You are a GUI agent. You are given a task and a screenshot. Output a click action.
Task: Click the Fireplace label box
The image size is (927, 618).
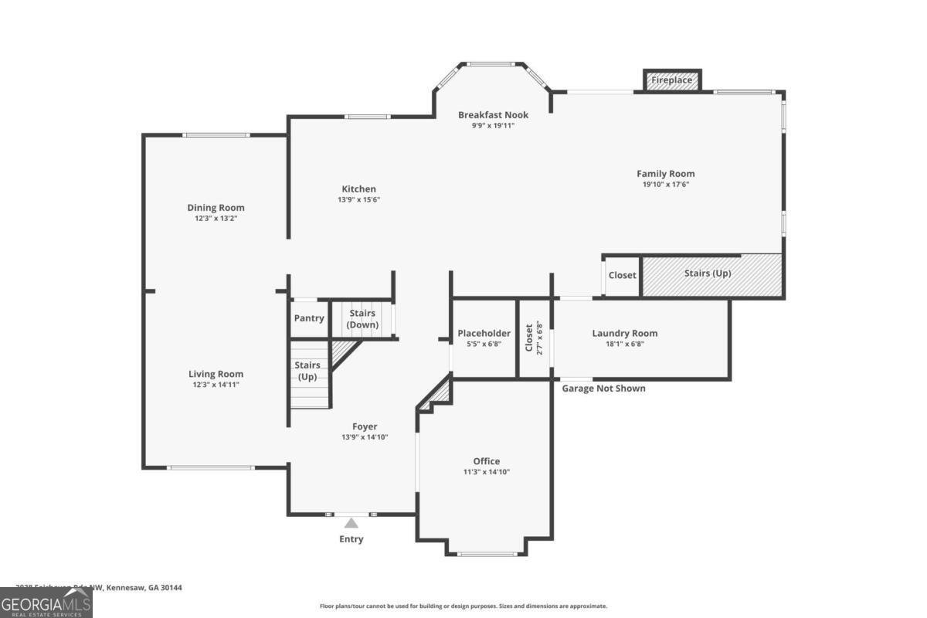(671, 80)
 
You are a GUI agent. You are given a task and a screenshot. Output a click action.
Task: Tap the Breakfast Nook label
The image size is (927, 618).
(493, 115)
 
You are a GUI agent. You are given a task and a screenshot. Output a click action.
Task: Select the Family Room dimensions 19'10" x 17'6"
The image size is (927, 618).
(665, 185)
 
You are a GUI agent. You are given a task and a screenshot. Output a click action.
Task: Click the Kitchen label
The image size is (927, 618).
(358, 189)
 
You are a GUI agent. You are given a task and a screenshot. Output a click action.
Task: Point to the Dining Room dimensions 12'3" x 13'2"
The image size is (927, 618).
(216, 219)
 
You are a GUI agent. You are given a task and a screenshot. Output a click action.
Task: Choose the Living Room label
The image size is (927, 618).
(216, 374)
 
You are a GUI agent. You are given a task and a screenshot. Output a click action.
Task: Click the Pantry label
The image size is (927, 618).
(309, 318)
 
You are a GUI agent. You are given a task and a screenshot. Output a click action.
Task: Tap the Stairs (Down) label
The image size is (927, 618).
(362, 319)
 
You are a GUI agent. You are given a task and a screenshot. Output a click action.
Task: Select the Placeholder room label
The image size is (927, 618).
(484, 333)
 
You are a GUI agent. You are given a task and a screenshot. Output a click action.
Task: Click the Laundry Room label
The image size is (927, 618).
(624, 333)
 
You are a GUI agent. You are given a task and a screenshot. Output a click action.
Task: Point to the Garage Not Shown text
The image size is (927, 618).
(603, 389)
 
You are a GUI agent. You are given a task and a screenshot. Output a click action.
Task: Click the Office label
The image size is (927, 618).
(487, 461)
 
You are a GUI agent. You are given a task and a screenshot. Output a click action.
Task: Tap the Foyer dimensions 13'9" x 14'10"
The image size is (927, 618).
(365, 437)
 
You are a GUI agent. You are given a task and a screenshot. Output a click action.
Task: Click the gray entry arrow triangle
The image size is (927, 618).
(351, 523)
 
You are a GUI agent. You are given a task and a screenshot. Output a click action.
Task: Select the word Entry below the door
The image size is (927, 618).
(351, 539)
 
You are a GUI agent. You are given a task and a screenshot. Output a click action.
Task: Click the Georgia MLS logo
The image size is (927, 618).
(46, 603)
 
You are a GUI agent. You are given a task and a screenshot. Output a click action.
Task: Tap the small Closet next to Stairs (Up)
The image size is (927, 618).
(622, 275)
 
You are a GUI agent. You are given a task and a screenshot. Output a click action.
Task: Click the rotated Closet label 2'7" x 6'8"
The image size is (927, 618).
(534, 338)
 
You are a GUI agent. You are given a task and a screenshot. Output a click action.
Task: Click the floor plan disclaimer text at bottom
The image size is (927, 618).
(463, 606)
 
